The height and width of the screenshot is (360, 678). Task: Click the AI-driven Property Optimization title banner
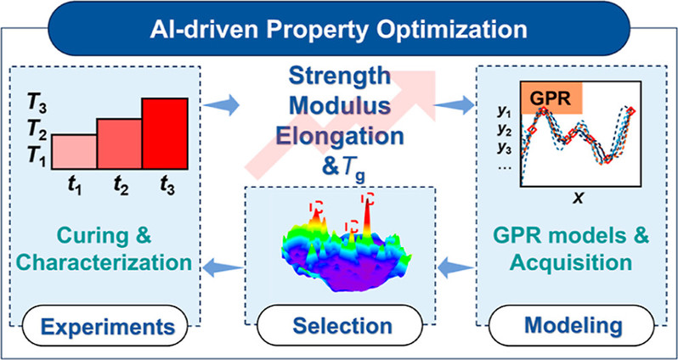(x=338, y=29)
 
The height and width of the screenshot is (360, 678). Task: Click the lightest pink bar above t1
(x=75, y=151)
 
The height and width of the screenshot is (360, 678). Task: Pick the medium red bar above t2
(x=120, y=143)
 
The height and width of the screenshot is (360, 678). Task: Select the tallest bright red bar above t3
(x=165, y=133)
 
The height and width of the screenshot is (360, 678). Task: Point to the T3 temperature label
(x=36, y=105)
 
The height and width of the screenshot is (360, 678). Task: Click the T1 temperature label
(x=36, y=155)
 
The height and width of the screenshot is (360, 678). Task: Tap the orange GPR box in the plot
(x=552, y=98)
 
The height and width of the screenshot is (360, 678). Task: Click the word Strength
(x=340, y=77)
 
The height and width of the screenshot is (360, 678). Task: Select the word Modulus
(x=340, y=107)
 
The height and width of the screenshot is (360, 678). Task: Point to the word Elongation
(x=340, y=137)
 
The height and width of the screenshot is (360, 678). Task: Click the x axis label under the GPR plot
(x=578, y=198)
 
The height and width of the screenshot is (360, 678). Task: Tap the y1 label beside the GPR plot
(x=504, y=113)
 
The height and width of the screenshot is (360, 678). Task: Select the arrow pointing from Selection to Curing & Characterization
(x=223, y=268)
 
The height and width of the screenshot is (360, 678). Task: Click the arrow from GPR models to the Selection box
(x=456, y=268)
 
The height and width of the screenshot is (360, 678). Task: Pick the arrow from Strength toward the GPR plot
(x=454, y=104)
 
